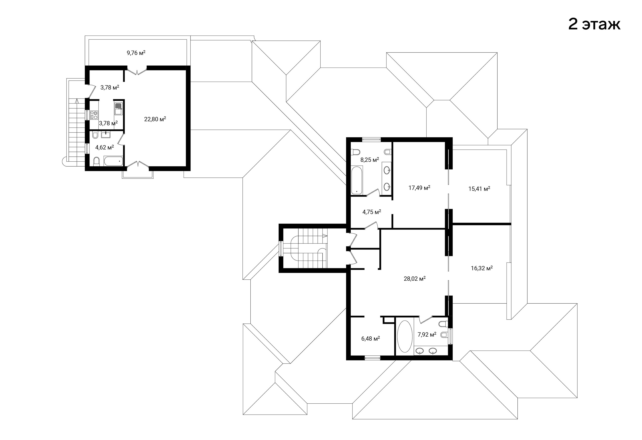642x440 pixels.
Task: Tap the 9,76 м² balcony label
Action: pos(136,53)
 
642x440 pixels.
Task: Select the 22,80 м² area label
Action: pos(155,119)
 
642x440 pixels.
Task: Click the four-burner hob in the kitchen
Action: pos(94,115)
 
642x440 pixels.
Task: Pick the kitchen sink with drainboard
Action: pos(118,109)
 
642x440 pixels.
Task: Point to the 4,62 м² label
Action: pos(105,147)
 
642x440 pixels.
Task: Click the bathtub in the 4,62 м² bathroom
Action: pos(113,161)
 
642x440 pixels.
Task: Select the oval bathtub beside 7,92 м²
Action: pos(405,336)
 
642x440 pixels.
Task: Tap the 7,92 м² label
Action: pos(427,335)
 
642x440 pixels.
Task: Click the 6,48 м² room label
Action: pos(370,339)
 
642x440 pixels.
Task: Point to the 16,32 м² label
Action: pos(482,268)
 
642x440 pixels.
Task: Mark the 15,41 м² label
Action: pos(479,189)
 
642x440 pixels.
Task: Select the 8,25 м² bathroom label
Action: pos(370,160)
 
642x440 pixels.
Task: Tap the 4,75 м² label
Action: pos(372,212)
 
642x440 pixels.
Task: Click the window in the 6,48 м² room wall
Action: pos(373,358)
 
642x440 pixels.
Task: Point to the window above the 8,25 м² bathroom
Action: pos(372,139)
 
